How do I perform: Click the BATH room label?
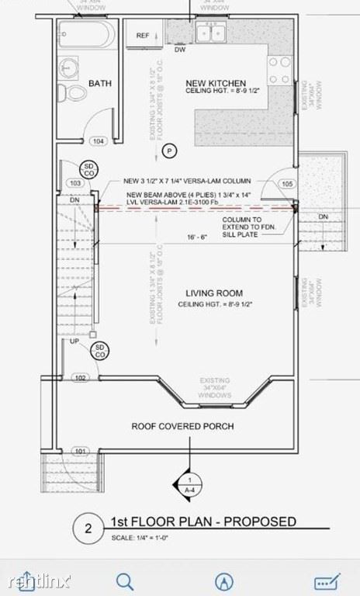[100, 83]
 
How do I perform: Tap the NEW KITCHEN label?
[216, 83]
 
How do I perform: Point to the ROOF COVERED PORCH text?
[183, 426]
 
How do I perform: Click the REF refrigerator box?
[144, 36]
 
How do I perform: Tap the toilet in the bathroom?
[76, 93]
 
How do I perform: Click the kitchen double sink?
[209, 33]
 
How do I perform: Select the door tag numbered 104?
[99, 141]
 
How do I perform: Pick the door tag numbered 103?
[75, 183]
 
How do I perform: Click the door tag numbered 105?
[287, 184]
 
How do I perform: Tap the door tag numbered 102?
[80, 378]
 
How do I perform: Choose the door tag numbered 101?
[80, 450]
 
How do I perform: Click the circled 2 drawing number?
[88, 528]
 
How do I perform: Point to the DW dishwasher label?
[179, 50]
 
